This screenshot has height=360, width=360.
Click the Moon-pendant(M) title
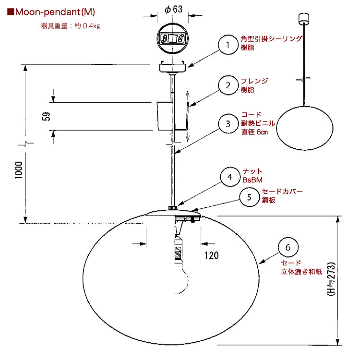click(x=55, y=12)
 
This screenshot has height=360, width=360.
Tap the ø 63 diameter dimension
click(x=173, y=10)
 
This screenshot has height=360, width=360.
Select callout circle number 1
click(x=228, y=45)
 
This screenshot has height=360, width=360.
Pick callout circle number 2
click(x=228, y=85)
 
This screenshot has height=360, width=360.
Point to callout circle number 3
click(x=228, y=124)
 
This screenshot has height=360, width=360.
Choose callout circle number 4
click(x=230, y=177)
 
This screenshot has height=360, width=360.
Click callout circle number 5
click(x=249, y=197)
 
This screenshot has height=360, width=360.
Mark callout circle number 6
click(x=288, y=247)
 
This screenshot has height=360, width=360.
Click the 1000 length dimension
click(x=19, y=170)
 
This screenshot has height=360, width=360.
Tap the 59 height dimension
click(x=46, y=116)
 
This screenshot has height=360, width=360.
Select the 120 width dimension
click(x=212, y=255)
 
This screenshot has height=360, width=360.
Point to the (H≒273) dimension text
click(x=331, y=279)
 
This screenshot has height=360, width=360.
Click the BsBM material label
click(x=252, y=180)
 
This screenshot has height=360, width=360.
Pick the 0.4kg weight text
click(x=91, y=26)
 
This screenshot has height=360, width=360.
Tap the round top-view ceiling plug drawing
click(x=173, y=38)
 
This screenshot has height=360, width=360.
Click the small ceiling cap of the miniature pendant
click(x=304, y=18)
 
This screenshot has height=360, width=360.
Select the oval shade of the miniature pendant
click(x=305, y=128)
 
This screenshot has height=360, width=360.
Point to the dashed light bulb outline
click(x=182, y=278)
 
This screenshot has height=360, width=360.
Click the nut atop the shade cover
click(x=173, y=208)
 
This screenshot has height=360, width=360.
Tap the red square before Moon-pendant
click(x=11, y=12)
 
